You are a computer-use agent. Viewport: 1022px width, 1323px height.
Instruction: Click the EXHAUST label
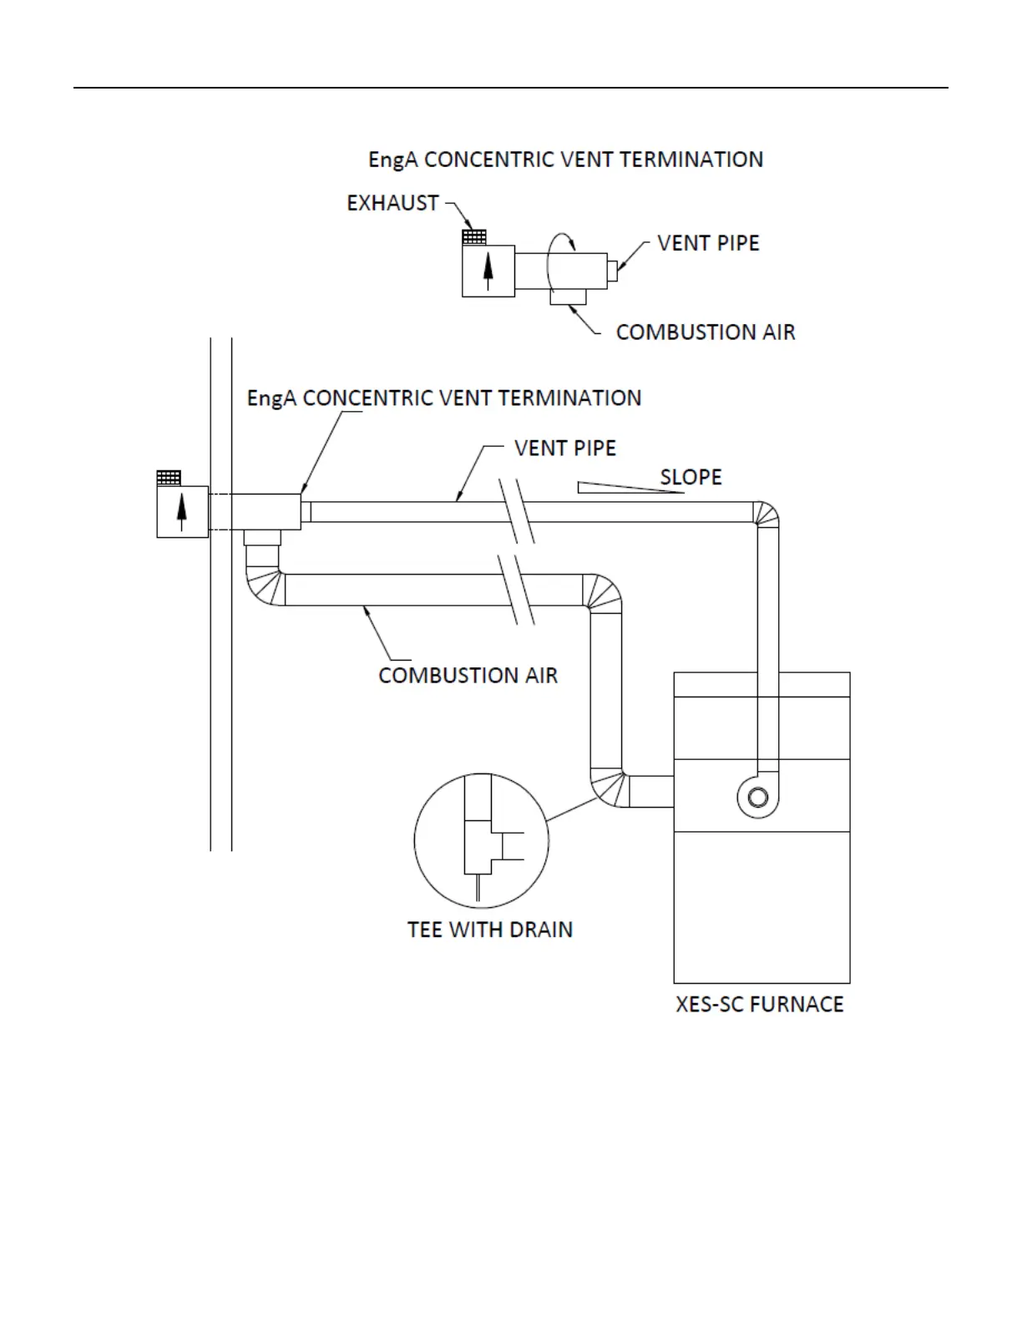392,203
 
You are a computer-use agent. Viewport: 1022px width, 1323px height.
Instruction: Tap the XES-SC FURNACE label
759,1004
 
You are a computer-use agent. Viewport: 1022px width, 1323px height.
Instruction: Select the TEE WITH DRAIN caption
490,930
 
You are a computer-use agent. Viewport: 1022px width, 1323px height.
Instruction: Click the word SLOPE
691,477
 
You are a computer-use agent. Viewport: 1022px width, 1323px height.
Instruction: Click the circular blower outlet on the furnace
758,797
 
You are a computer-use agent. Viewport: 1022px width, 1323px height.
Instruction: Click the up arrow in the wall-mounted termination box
181,512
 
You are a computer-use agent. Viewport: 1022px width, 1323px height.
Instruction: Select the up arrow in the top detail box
488,271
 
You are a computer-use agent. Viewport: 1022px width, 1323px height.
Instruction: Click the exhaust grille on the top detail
474,238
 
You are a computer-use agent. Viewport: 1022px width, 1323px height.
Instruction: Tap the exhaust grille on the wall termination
169,478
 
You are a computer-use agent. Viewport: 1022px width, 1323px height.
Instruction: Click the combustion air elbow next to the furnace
608,788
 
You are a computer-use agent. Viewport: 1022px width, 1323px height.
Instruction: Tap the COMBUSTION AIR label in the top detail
705,332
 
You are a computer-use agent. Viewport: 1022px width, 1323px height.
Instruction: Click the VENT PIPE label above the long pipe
564,448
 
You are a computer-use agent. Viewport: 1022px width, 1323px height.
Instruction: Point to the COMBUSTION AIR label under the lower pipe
468,675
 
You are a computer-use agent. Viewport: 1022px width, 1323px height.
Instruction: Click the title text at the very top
565,160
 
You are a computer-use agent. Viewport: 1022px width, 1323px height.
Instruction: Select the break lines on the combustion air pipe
518,590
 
